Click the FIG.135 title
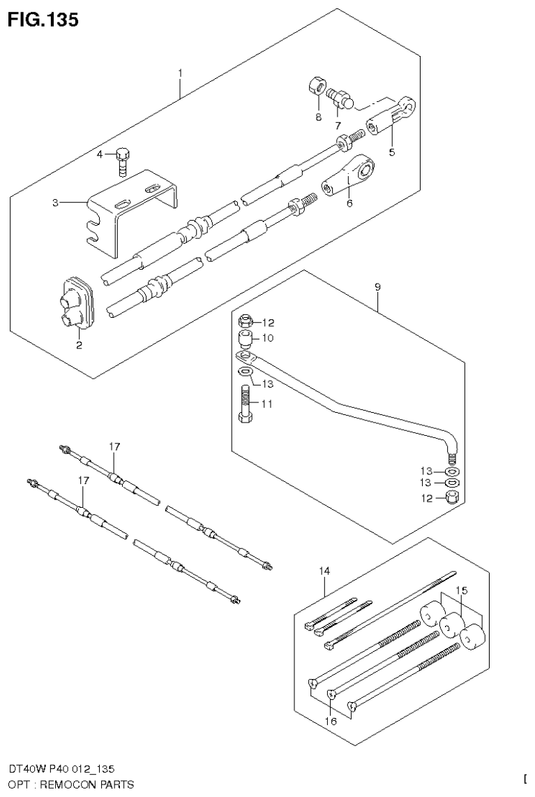pos(43,20)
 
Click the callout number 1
pos(179,73)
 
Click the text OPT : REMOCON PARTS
pos(67,784)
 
